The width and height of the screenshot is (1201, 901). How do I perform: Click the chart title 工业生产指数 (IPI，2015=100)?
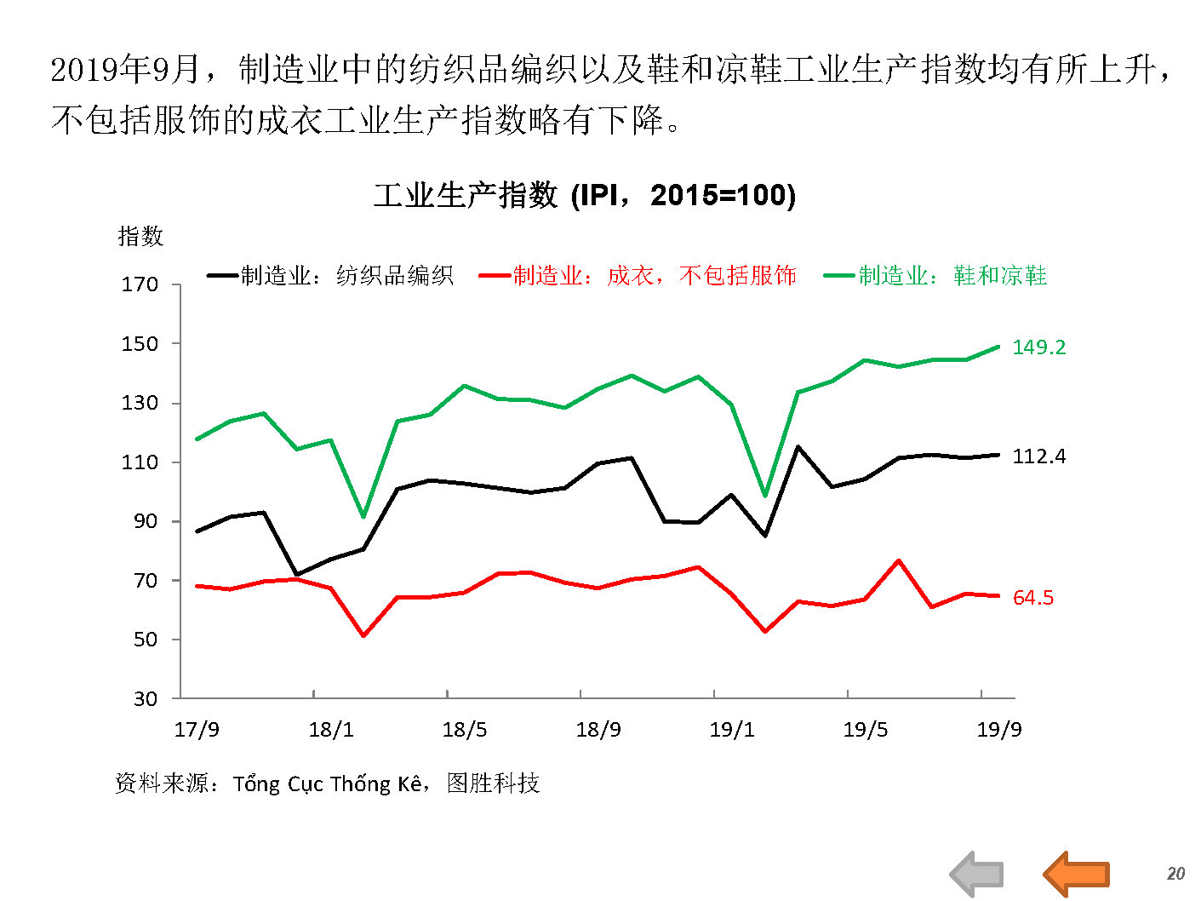pyautogui.click(x=585, y=195)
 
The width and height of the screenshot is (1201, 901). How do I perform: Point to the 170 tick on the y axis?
pyautogui.click(x=140, y=284)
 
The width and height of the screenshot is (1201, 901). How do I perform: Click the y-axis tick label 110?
pyautogui.click(x=140, y=462)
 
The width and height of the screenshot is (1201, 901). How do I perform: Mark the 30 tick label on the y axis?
pyautogui.click(x=146, y=699)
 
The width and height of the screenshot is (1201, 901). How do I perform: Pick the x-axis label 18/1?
pyautogui.click(x=331, y=730)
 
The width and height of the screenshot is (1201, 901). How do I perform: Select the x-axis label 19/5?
pyautogui.click(x=866, y=730)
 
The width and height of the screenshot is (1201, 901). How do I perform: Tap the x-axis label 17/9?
pyautogui.click(x=197, y=730)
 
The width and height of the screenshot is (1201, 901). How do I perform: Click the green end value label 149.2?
pyautogui.click(x=1038, y=347)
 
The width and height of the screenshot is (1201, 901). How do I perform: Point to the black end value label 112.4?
pyautogui.click(x=1038, y=456)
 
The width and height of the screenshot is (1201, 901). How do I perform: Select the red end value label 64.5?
pyautogui.click(x=1032, y=598)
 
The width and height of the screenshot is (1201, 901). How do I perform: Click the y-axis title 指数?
pyautogui.click(x=140, y=237)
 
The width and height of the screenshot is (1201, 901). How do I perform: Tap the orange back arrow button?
pyautogui.click(x=1077, y=874)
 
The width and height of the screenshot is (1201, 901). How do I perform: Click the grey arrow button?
pyautogui.click(x=977, y=874)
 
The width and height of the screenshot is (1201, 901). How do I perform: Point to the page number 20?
pyautogui.click(x=1175, y=874)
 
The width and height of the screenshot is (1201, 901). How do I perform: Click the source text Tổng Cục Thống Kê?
pyautogui.click(x=328, y=783)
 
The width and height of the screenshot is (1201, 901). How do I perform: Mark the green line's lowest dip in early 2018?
pyautogui.click(x=363, y=517)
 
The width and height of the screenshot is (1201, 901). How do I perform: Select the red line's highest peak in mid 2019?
pyautogui.click(x=899, y=560)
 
